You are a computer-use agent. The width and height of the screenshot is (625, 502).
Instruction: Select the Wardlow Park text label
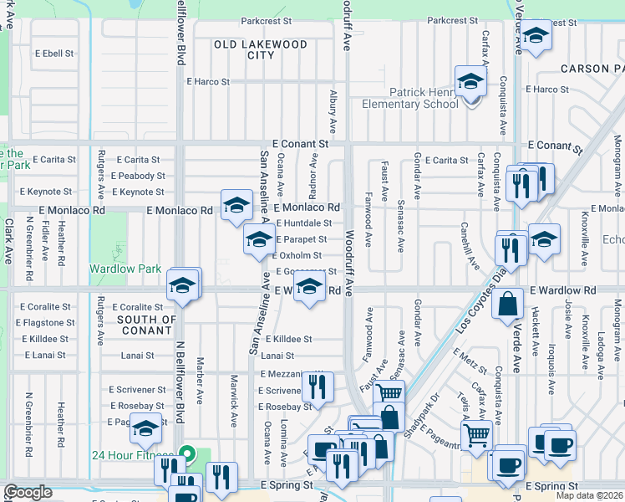pos(124,269)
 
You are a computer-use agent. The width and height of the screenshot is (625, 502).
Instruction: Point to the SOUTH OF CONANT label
pos(146,325)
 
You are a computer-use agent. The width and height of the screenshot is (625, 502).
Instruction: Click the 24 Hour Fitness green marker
pos(188,456)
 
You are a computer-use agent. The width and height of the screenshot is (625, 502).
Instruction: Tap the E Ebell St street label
pos(52,53)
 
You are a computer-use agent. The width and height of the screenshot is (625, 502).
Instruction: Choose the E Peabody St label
pos(140,176)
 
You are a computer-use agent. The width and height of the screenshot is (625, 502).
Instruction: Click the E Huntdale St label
pos(302,223)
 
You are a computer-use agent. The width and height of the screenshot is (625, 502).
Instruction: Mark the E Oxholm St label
pos(300,255)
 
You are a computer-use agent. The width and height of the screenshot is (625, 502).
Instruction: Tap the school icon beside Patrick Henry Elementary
pos(470,82)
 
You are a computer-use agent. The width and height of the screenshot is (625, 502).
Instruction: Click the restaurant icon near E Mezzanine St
pos(318,386)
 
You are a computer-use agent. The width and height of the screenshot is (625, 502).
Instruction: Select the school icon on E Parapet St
pos(259,240)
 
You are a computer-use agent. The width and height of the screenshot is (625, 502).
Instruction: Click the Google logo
pos(28,493)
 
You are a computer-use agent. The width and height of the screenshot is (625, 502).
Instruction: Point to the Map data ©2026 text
pos(589,495)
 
